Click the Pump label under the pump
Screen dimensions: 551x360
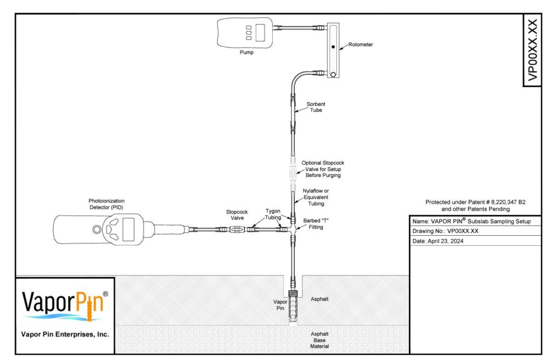tap(246, 52)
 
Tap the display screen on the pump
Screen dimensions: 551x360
tap(260, 33)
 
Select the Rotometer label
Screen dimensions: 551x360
tap(361, 45)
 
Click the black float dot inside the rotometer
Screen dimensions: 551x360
tap(333, 47)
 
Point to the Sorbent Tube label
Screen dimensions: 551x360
tap(315, 107)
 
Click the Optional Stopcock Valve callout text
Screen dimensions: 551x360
tap(323, 169)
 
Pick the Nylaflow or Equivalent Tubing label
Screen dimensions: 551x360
tap(316, 197)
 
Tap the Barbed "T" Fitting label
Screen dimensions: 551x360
tap(315, 224)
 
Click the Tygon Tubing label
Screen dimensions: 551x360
tap(273, 214)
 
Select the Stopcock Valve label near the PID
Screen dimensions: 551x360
tap(237, 215)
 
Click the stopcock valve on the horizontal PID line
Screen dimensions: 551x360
tap(237, 230)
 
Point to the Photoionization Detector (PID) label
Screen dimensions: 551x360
tap(106, 204)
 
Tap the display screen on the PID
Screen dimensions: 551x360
tap(128, 229)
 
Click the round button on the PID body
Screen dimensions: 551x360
tap(97, 230)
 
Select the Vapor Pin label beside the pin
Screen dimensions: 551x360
tap(280, 305)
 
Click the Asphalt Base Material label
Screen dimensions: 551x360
tap(320, 340)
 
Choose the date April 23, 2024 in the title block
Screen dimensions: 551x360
tap(445, 241)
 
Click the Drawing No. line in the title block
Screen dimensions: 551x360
tap(445, 231)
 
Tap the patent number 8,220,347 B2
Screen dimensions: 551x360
tap(508, 202)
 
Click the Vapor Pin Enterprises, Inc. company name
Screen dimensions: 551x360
tap(65, 334)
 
